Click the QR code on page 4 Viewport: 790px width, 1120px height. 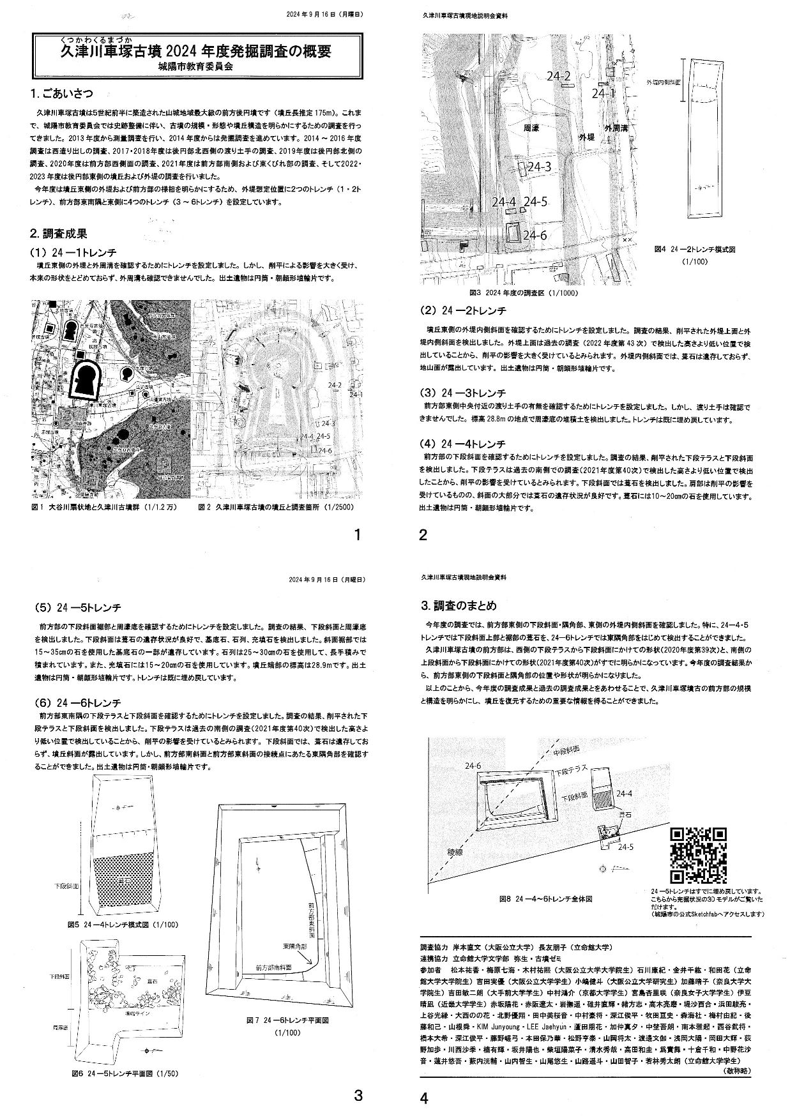[698, 854]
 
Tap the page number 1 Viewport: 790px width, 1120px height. [358, 535]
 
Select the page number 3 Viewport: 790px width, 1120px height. [358, 1097]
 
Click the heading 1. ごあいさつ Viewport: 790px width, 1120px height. [61, 94]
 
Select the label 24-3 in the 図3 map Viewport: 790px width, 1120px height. [539, 167]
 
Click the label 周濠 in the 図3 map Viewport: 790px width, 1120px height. [531, 128]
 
